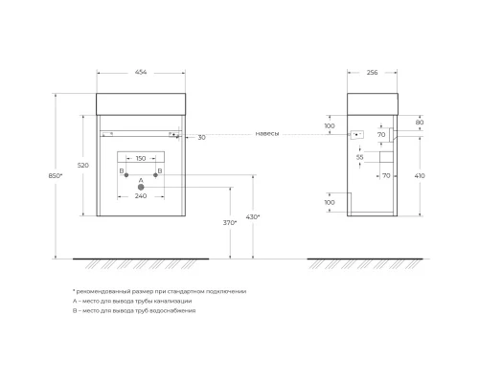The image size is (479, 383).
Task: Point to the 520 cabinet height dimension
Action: click(83, 166)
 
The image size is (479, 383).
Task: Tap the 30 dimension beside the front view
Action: click(201, 137)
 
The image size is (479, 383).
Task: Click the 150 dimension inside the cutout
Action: click(141, 158)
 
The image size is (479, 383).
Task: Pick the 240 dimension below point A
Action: click(141, 194)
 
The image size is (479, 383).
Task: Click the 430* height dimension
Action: click(253, 217)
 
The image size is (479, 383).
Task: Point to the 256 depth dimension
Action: click(374, 71)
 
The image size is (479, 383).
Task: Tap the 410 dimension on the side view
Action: click(419, 176)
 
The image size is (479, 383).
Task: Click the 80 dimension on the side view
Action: click(420, 123)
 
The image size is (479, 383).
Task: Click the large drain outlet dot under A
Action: click(142, 186)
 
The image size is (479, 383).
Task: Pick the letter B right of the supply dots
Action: click(160, 170)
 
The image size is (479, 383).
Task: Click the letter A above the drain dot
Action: click(141, 179)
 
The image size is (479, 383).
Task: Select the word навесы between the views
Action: click(267, 134)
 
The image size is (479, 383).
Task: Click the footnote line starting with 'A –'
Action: click(131, 301)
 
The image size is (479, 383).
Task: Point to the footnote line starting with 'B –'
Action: click(133, 311)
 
